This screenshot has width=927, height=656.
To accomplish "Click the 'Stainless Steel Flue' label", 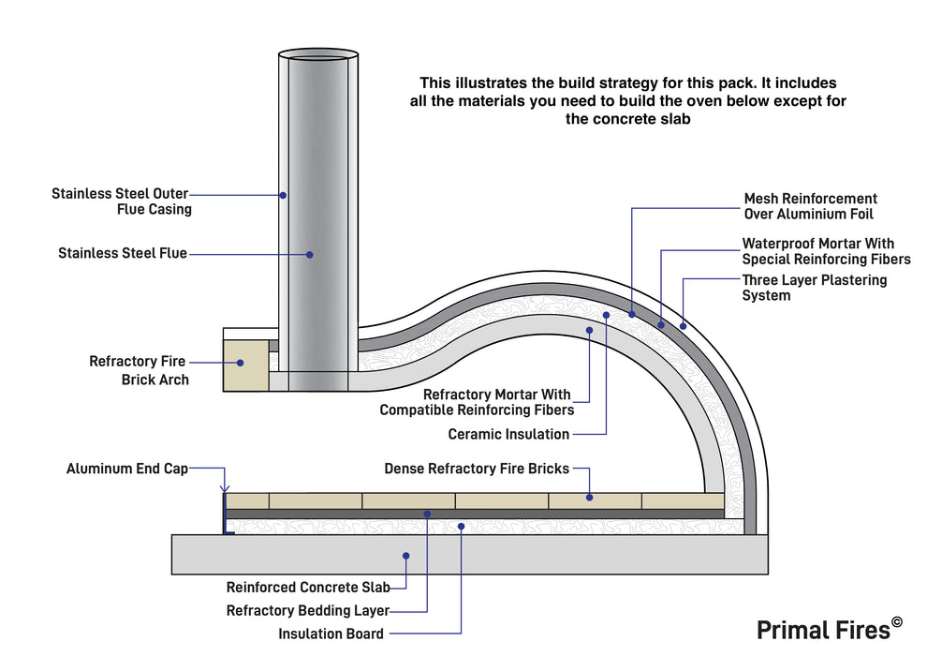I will pos(123,253).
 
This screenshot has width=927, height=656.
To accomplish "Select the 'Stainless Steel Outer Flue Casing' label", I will pos(122,201).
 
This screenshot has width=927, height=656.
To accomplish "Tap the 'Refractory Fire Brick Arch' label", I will pos(139,370).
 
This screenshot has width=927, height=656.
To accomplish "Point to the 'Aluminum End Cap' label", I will pos(127,469).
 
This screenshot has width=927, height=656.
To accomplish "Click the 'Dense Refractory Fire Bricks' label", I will pos(476,469).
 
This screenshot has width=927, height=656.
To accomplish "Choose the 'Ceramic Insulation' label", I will pos(508,434).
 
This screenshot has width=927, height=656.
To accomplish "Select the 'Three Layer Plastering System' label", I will pos(814,288).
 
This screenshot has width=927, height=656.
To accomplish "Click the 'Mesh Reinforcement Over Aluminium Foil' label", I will pos(810,206).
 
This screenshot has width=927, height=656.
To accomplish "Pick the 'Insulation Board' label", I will pos(331,634).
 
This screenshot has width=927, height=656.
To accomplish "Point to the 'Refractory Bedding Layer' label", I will pos(308,611).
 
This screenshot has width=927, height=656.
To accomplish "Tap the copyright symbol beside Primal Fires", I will pos(897,621).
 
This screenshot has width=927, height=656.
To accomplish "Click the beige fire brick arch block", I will pos(245,364).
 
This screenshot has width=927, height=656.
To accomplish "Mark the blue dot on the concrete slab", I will pos(406,556).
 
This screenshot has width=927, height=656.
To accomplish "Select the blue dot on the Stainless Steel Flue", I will pos(310,253).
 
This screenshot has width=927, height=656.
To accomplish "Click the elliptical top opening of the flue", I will pos(318,54).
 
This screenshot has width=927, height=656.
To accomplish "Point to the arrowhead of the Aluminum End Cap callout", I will pos(224,487).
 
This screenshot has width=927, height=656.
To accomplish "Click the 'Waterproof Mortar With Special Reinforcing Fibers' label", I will pos(826,251).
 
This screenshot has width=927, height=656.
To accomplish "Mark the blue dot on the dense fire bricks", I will pos(590,498).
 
